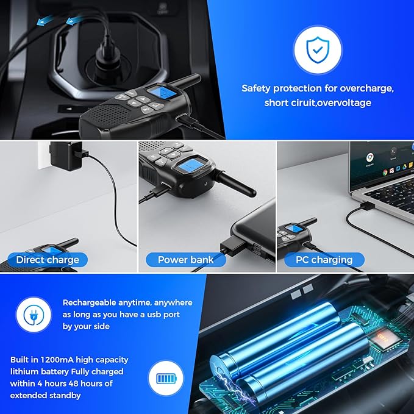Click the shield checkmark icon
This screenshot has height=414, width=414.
[x=318, y=49]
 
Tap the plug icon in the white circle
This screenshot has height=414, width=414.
[x=34, y=315]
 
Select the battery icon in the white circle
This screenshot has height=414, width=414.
[x=166, y=379]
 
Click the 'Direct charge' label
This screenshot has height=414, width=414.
[x=48, y=260]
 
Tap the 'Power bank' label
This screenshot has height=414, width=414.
[x=185, y=260]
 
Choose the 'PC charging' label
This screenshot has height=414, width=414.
[x=324, y=260]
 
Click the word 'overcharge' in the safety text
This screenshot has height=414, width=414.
[x=366, y=88]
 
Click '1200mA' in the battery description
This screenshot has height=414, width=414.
[x=57, y=360]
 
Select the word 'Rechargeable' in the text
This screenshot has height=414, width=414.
[x=89, y=303]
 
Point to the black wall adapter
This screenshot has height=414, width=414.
[x=66, y=156]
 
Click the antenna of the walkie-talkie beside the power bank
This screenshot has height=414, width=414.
[x=236, y=184]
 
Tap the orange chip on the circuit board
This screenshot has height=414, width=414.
[x=382, y=338]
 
